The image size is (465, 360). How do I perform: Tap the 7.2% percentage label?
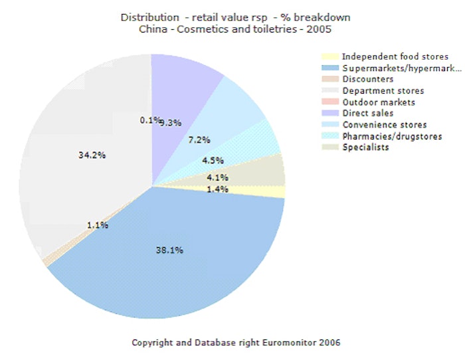click(199, 141)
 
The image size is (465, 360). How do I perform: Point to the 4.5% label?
click(213, 160)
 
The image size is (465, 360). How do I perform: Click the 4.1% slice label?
click(217, 177)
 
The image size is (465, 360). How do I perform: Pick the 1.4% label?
click(217, 189)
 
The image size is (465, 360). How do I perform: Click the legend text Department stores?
click(383, 91)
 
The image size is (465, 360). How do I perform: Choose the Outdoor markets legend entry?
click(379, 102)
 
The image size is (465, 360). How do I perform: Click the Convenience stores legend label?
click(384, 125)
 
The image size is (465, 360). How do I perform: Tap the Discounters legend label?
click(368, 80)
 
